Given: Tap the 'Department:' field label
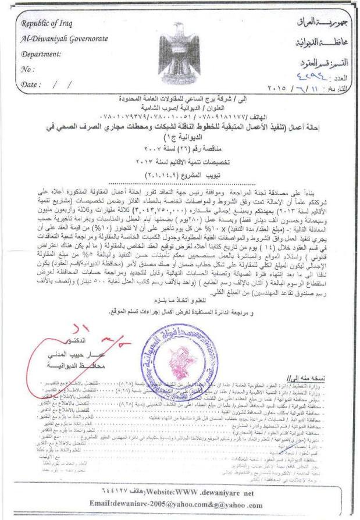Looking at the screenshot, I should (42, 54).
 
